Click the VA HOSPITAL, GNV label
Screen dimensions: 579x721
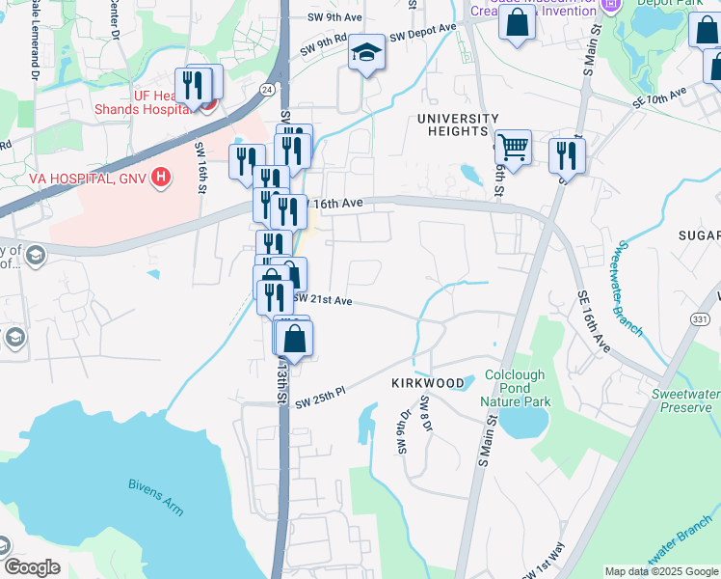tap(73, 179)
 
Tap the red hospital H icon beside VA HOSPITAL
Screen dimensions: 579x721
tap(161, 179)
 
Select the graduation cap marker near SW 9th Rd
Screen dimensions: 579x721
tap(366, 53)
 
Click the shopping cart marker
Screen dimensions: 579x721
tap(513, 149)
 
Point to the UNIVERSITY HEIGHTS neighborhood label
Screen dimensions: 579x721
tap(458, 119)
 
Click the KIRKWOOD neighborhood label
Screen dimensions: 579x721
tap(428, 383)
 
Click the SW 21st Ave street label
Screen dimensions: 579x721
tap(324, 300)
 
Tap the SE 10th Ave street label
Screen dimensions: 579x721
tap(659, 97)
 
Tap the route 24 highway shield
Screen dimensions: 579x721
tap(264, 88)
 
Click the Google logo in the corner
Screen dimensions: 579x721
tap(32, 566)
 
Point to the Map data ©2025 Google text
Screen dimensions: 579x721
tap(660, 570)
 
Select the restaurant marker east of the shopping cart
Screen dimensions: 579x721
tap(567, 155)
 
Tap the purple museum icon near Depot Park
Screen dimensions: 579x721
tap(608, 6)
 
